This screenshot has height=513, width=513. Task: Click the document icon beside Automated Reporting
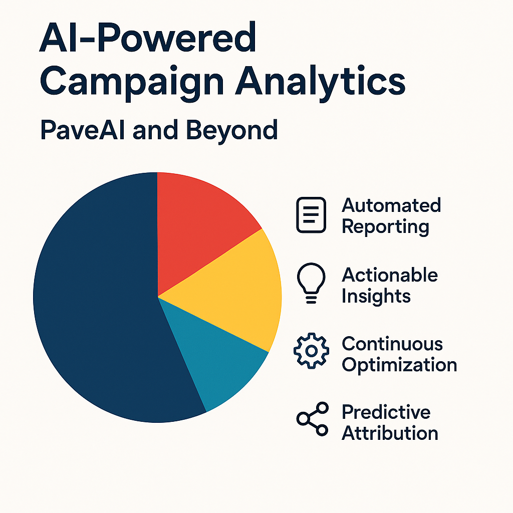311,215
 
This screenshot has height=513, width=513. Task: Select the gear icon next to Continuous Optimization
311,351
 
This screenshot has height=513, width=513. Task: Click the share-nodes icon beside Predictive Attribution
313,419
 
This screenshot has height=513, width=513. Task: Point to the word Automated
391,205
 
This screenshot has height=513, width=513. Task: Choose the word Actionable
390,275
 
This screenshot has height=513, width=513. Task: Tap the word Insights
376,297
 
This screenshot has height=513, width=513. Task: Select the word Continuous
392,344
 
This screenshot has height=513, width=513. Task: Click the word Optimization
399,365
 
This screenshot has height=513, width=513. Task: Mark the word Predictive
386,412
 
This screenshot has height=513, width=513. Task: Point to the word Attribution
390,433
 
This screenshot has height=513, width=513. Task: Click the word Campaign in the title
132,82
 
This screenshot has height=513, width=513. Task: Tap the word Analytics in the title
320,82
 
